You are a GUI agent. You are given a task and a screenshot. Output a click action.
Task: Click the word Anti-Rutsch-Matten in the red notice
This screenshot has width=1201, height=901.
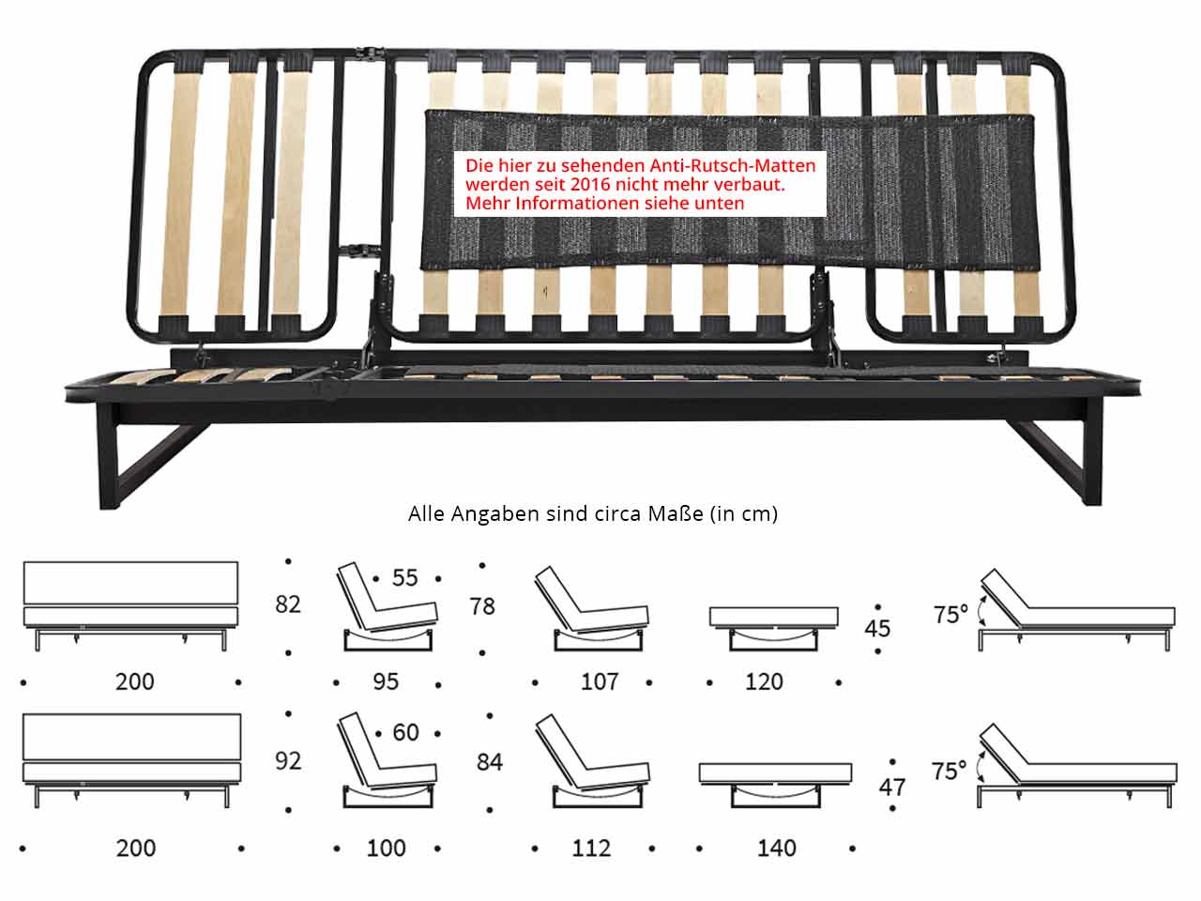(733, 165)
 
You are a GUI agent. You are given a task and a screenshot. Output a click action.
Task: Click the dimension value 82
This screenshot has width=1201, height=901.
(288, 604)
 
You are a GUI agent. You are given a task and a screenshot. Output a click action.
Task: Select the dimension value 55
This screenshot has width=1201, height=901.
(405, 578)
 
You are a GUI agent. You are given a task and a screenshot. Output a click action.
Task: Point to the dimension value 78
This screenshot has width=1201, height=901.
(482, 606)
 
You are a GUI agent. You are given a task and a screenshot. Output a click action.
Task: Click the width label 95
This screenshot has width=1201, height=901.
(386, 681)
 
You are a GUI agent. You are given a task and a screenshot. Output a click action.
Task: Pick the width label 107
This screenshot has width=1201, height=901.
(600, 681)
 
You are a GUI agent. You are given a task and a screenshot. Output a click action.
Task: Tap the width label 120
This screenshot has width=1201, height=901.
(764, 681)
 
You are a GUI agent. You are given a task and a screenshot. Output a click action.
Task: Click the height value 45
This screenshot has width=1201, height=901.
(877, 629)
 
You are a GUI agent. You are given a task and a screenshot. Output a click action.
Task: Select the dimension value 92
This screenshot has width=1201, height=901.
(288, 761)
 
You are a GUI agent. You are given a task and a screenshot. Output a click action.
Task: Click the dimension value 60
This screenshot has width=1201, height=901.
(405, 732)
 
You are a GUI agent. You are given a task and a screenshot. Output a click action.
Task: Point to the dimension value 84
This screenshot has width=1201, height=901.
(490, 762)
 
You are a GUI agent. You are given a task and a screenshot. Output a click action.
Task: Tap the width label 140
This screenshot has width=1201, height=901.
(776, 848)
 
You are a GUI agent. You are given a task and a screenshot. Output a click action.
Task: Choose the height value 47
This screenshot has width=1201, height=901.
(892, 787)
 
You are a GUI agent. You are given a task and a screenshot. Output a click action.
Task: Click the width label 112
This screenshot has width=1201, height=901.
(591, 848)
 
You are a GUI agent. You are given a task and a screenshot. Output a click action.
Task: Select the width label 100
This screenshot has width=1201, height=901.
(387, 848)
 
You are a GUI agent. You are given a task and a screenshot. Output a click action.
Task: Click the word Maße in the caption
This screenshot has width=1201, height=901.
(676, 513)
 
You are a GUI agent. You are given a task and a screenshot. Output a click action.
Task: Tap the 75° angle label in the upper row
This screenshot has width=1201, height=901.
(950, 615)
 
